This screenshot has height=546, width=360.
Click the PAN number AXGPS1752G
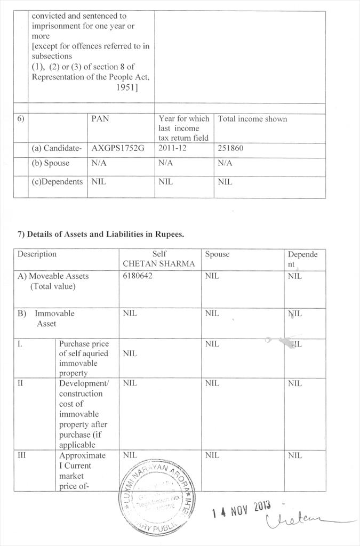[x=118, y=148]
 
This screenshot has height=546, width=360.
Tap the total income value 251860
[x=230, y=148]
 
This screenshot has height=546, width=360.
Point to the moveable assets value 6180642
[x=138, y=276]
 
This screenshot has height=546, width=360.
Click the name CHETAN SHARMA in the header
[x=159, y=264]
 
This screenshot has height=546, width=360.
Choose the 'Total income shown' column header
[x=252, y=119]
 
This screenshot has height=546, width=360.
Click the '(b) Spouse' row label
[x=50, y=164]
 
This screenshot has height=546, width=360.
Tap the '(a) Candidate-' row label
[x=57, y=148]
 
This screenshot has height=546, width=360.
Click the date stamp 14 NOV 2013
[x=241, y=510]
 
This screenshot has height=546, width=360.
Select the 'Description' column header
[x=37, y=254]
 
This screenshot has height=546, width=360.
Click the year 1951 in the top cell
[x=127, y=87]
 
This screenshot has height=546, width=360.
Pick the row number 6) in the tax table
[x=20, y=119]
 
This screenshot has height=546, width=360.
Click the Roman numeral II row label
[x=20, y=383]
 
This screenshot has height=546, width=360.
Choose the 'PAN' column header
[x=100, y=119]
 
